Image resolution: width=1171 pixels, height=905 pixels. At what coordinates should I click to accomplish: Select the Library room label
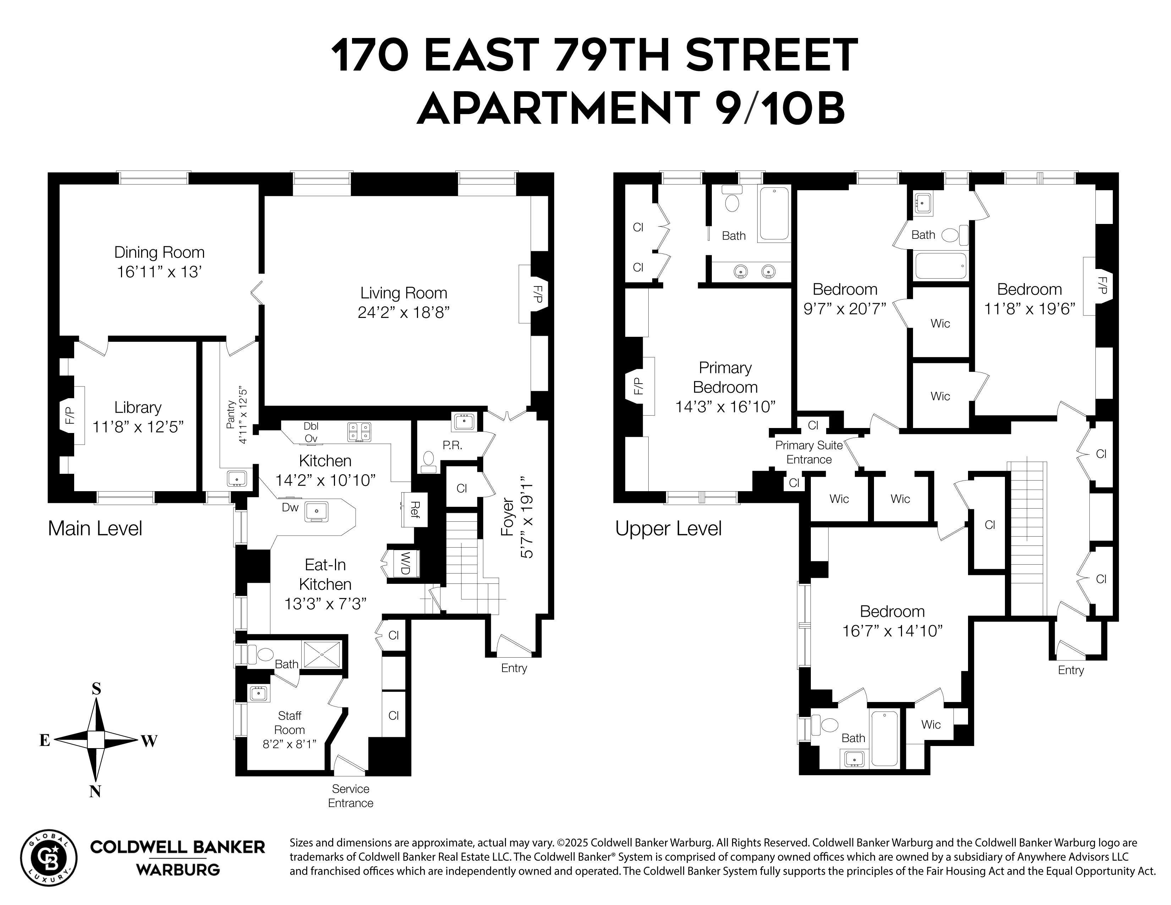pyautogui.click(x=138, y=407)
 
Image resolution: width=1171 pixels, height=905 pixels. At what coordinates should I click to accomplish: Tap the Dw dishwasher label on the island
pyautogui.click(x=290, y=507)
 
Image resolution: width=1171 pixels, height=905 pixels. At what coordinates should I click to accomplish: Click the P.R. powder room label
pyautogui.click(x=452, y=445)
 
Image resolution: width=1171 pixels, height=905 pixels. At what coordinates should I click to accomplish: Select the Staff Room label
pyautogui.click(x=290, y=723)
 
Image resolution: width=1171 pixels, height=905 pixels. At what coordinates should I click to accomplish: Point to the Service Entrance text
pyautogui.click(x=351, y=796)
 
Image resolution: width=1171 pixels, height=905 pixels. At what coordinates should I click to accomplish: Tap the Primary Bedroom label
pyautogui.click(x=725, y=378)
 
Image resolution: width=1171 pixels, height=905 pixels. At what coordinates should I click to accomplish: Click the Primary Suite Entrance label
pyautogui.click(x=809, y=452)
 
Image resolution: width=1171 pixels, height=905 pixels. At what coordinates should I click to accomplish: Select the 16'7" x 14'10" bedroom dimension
pyautogui.click(x=892, y=631)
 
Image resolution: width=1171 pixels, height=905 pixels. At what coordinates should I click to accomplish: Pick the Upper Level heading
pyautogui.click(x=668, y=529)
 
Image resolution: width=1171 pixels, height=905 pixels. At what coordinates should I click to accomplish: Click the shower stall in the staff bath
pyautogui.click(x=322, y=654)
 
